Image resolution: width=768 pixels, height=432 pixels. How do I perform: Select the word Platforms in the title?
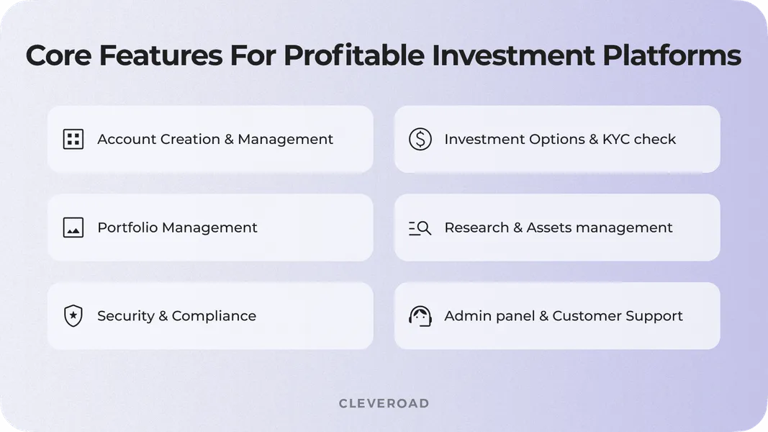(669, 55)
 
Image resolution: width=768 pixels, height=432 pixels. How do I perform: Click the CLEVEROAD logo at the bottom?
(384, 403)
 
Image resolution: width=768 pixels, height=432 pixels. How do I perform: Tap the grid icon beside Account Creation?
(73, 139)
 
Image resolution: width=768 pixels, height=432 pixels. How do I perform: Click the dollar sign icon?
(420, 139)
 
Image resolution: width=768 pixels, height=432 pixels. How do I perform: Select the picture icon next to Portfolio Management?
(73, 228)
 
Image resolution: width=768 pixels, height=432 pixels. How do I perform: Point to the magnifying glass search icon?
(420, 228)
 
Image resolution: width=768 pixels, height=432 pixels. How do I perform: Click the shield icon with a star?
(73, 316)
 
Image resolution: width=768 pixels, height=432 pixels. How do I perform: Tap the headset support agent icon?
(420, 316)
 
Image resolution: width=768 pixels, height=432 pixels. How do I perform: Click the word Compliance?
(214, 316)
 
